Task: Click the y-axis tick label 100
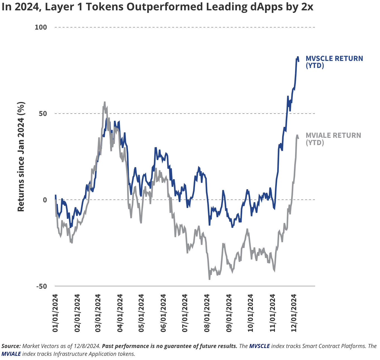(x=41, y=27)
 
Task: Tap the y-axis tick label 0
(x=45, y=200)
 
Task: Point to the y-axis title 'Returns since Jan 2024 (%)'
(x=21, y=157)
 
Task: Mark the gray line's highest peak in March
(x=104, y=102)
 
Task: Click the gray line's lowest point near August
(x=209, y=279)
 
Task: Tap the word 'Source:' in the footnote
(x=11, y=346)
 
